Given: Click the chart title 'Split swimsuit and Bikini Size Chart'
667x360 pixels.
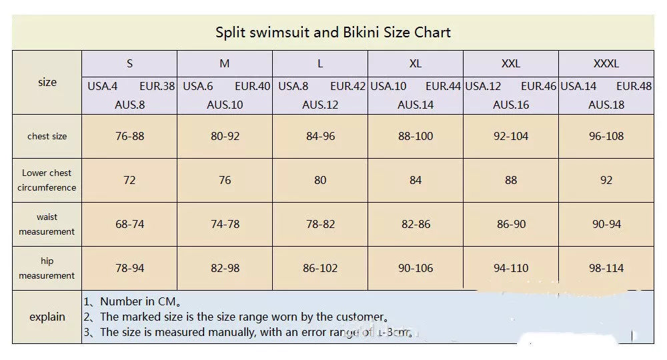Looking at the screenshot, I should pyautogui.click(x=333, y=33).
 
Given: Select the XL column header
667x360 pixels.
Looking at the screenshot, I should pyautogui.click(x=415, y=64).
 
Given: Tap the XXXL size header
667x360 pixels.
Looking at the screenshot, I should pyautogui.click(x=606, y=64).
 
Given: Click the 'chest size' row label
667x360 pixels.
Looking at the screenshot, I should pyautogui.click(x=47, y=136).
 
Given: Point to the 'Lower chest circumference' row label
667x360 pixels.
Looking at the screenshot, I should pyautogui.click(x=47, y=180).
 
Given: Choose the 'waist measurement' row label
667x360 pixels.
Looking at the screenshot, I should pyautogui.click(x=47, y=224).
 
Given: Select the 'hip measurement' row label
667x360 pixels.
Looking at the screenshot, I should pyautogui.click(x=47, y=268).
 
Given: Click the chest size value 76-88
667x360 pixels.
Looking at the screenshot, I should pyautogui.click(x=129, y=136).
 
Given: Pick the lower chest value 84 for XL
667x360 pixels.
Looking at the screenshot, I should pyautogui.click(x=416, y=180).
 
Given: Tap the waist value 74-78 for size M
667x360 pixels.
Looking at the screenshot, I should pyautogui.click(x=225, y=224).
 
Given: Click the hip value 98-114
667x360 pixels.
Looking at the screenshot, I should pyautogui.click(x=606, y=268).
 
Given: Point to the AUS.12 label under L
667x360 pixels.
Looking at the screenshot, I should pyautogui.click(x=320, y=105).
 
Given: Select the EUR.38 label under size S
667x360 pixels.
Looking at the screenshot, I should pyautogui.click(x=157, y=86).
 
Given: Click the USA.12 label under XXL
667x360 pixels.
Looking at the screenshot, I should pyautogui.click(x=483, y=86).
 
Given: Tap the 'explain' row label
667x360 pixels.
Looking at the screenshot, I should pyautogui.click(x=47, y=317).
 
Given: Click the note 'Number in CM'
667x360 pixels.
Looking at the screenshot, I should pyautogui.click(x=140, y=301).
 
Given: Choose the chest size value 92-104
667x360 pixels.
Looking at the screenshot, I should pyautogui.click(x=511, y=136).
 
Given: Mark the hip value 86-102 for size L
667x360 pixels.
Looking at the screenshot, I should pyautogui.click(x=320, y=268).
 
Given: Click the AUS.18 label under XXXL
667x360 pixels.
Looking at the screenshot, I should pyautogui.click(x=606, y=105).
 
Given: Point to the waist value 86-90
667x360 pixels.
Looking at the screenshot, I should pyautogui.click(x=511, y=224).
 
